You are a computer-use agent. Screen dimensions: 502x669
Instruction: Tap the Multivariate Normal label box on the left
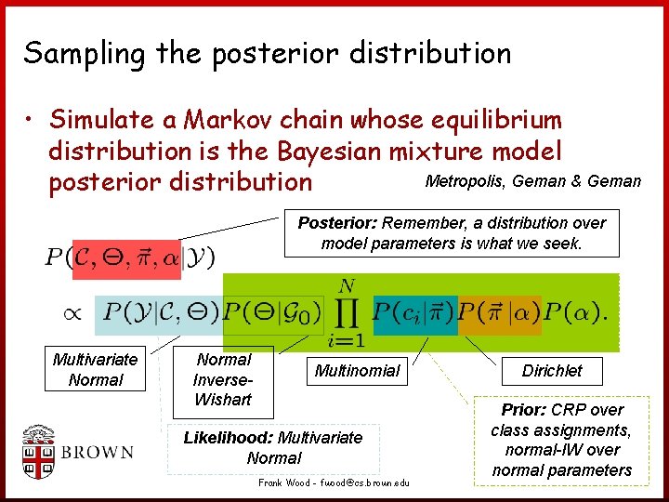(95, 369)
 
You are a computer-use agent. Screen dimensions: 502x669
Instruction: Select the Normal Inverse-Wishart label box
(223, 379)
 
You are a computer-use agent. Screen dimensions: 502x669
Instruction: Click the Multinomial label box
(357, 371)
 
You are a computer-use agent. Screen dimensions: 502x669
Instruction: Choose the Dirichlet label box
(551, 371)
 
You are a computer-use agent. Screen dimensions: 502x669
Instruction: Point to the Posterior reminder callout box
(451, 232)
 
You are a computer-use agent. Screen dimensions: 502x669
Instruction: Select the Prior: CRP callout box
(560, 440)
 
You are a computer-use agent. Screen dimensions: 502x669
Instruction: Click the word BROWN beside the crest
(98, 454)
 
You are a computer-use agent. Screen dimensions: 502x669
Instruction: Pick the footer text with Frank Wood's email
(333, 483)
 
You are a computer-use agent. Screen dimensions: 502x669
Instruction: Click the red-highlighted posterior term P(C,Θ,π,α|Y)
(129, 257)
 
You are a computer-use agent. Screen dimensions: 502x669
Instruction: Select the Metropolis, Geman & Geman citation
(531, 181)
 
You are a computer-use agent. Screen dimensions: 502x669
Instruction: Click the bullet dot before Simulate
(32, 121)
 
